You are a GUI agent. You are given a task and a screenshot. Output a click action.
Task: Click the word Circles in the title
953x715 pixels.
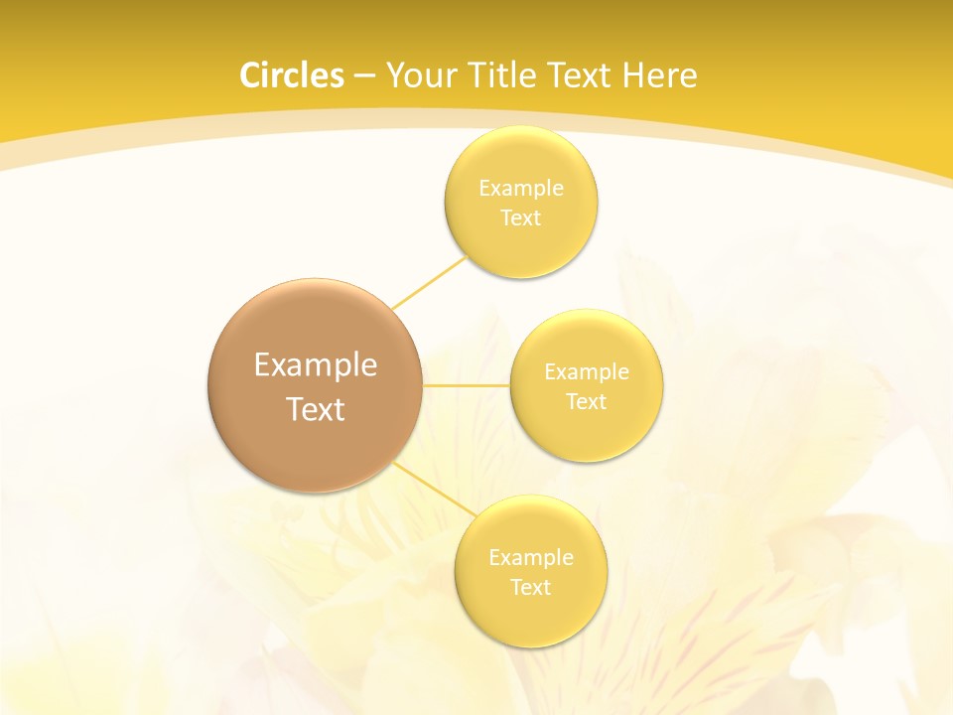point(292,75)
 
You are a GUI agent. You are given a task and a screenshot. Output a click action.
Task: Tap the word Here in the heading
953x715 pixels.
point(659,75)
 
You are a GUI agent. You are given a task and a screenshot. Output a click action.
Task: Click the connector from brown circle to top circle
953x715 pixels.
point(429,282)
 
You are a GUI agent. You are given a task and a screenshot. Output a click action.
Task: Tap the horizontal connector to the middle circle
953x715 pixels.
point(466,385)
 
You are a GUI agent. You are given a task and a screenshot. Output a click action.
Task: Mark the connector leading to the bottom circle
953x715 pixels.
point(435,491)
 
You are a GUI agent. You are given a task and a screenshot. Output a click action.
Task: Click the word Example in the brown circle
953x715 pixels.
point(316,365)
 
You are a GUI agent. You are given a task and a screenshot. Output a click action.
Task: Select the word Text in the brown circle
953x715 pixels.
point(316,409)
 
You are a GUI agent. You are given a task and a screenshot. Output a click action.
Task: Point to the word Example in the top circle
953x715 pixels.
point(521,189)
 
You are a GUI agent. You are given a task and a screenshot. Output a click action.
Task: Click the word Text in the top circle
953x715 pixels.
point(521,218)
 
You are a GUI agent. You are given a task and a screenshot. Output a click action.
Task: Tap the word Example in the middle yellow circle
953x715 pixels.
point(587,372)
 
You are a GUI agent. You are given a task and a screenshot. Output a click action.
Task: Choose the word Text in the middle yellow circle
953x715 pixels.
point(587,402)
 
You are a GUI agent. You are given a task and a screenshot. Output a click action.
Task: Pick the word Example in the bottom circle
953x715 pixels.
point(531,558)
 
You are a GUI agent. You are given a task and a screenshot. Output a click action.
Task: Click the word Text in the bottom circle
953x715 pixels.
point(531,588)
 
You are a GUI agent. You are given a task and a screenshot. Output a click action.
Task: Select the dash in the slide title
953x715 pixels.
point(363,76)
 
